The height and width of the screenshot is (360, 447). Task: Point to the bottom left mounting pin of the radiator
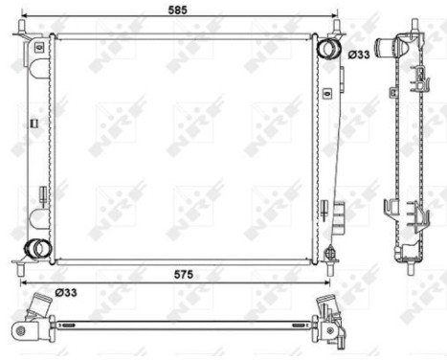coord(22,259)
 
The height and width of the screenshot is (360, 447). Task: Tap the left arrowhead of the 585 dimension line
coord(21,16)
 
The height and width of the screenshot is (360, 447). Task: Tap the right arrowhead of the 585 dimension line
coord(336,16)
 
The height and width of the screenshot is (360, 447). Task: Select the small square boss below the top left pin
coord(37,46)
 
